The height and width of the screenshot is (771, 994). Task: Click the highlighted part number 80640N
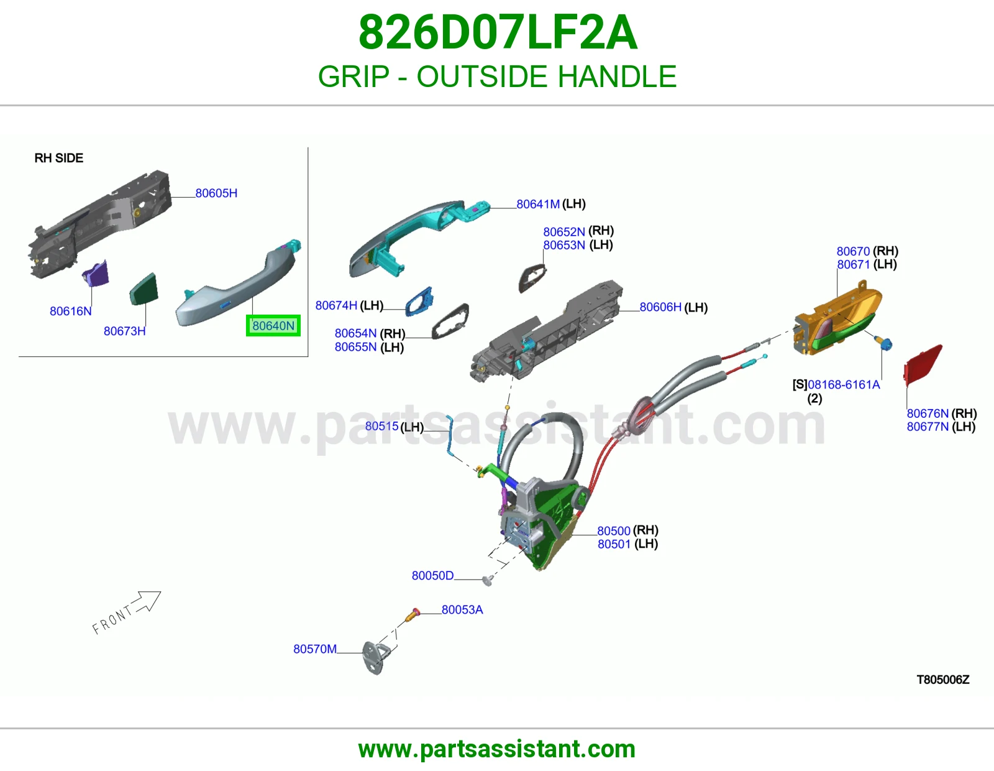[x=273, y=326]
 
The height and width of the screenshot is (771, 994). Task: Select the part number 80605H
[x=216, y=193]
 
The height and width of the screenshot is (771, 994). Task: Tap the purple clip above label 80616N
[x=96, y=273]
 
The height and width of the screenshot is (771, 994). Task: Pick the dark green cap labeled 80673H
[x=144, y=289]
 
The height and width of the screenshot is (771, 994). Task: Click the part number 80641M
[x=538, y=204]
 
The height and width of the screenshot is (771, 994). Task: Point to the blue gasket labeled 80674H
[x=419, y=302]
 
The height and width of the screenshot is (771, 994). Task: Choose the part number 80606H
[x=660, y=307]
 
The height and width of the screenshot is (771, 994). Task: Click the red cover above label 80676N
[x=922, y=366]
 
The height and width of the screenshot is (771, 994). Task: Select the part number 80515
[x=382, y=427]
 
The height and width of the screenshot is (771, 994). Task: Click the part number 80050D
[x=433, y=576]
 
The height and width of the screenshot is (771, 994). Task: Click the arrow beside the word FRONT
[x=147, y=602]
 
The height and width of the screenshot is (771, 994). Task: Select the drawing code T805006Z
[x=943, y=680]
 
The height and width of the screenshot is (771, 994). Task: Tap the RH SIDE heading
[x=59, y=158]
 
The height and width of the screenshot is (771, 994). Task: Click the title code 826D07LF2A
[x=498, y=32]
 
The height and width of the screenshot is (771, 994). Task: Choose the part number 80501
[x=614, y=545]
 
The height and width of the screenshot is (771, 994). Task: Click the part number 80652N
[x=564, y=232]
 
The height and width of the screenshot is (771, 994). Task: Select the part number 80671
[x=854, y=265]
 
